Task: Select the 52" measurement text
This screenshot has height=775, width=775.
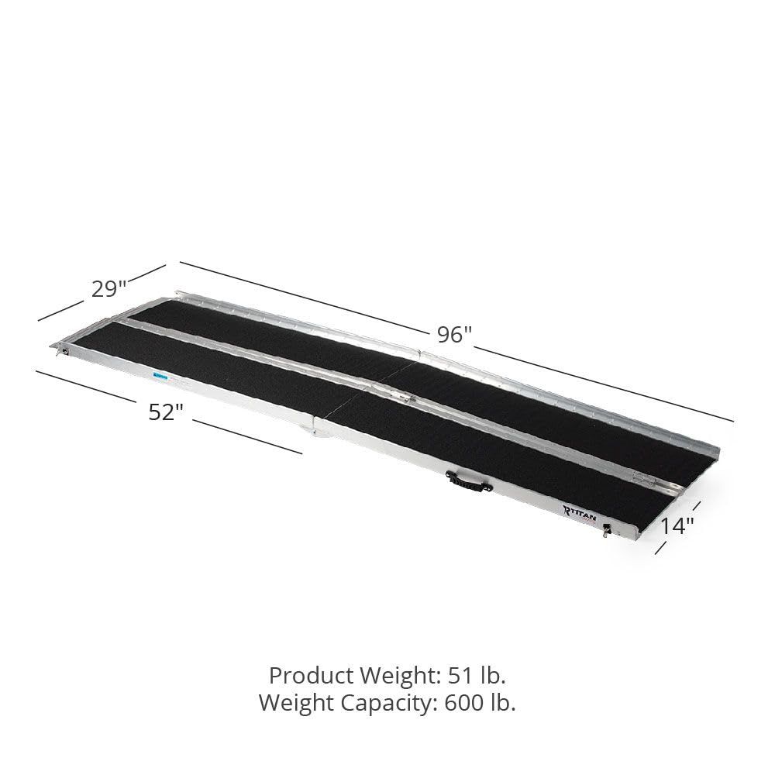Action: pos(165,412)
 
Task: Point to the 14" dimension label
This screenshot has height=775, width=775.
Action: pos(677,526)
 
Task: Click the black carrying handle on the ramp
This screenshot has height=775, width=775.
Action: pos(466,483)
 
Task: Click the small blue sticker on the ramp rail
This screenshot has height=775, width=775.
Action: pos(160,376)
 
